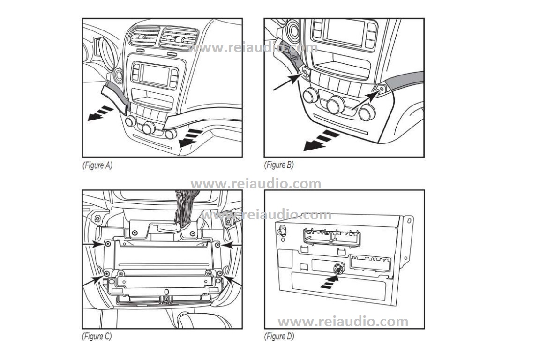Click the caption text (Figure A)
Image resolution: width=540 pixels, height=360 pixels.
pos(97,165)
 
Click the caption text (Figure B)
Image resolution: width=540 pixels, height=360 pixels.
pos(279,165)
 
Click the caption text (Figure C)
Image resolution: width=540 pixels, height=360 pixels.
pos(97,336)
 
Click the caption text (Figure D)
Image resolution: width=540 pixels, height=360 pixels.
pos(279,336)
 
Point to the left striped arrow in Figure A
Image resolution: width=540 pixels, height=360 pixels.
pos(101,113)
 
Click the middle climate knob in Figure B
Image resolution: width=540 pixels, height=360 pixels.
pos(336,105)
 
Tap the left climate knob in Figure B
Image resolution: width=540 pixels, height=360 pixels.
pos(310,96)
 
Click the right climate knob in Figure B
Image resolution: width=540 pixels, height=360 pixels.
pos(367,112)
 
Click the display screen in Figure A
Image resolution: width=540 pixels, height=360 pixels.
pos(155,75)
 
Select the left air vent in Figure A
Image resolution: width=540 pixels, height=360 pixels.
pos(143,36)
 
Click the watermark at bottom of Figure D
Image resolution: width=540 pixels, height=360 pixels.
pos(343,322)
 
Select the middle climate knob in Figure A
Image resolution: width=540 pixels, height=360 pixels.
pos(149,127)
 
